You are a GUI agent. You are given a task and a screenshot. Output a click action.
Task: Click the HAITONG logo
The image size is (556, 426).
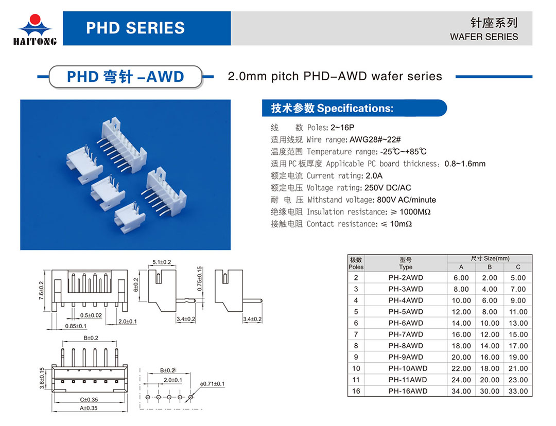[35, 30]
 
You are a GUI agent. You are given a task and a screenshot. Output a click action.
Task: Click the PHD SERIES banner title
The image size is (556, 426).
[135, 28]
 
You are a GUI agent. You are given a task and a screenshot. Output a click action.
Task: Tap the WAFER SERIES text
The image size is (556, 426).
[483, 37]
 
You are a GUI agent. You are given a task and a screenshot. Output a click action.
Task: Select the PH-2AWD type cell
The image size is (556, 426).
[406, 278]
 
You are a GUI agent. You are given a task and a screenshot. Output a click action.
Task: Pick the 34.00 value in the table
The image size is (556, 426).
[461, 391]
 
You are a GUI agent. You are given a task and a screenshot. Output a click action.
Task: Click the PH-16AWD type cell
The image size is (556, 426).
[407, 391]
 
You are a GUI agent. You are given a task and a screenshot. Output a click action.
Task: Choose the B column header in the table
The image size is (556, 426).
[490, 267]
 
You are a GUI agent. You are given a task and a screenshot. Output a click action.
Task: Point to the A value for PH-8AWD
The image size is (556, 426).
[461, 346]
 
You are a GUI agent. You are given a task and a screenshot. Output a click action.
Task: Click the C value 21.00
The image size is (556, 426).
[518, 368]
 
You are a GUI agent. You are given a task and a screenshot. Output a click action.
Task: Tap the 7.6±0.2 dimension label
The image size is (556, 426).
[41, 291]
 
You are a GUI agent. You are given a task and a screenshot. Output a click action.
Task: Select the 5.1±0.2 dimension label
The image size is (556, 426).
[162, 262]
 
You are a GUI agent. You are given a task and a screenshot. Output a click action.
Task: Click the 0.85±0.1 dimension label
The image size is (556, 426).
[76, 326]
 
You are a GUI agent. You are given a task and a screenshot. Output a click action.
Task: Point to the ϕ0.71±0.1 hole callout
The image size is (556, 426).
[212, 384]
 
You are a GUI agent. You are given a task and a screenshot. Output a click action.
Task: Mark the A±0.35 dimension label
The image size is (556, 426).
[89, 409]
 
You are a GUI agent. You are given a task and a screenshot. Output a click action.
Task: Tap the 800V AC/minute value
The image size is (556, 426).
[406, 200]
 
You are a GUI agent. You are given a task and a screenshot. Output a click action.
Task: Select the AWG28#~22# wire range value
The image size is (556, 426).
[375, 139]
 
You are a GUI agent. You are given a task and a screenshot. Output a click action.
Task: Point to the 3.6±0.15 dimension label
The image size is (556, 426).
[42, 378]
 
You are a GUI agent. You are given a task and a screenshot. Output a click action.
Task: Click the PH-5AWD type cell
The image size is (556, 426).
[406, 312]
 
